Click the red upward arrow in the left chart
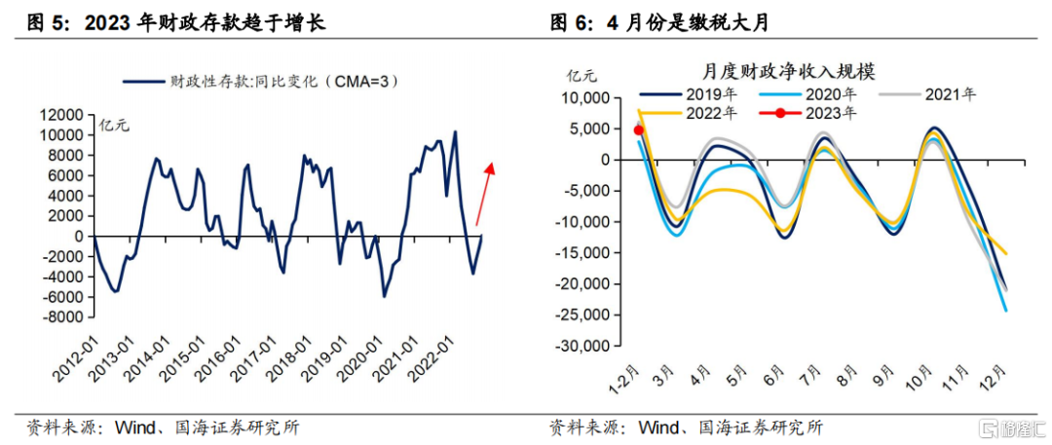coord(484,194)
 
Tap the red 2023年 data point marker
coord(639,130)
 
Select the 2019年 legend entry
coord(692,94)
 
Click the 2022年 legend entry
coord(692,113)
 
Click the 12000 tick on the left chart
coord(62,114)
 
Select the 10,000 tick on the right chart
coord(582,98)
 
